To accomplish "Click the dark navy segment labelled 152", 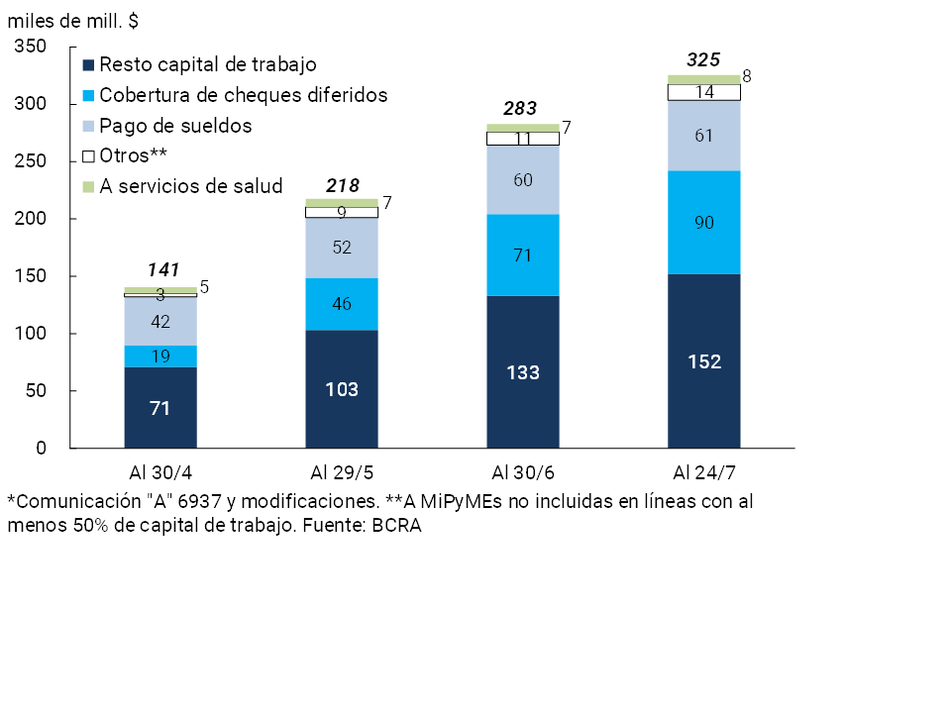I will coord(703,361).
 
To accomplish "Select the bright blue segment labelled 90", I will coord(703,222).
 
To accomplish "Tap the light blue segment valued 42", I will coord(160,322).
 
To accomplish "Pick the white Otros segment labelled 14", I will coord(703,92).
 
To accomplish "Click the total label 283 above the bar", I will coord(522,109).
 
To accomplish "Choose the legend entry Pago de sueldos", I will coord(175,126).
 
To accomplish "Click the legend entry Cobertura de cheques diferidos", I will coord(243,95).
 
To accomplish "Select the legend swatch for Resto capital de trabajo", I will coord(88,65).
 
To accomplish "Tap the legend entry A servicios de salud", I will coord(191,186).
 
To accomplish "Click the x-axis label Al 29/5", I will coord(341,469).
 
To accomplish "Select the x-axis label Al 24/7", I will coord(703,469).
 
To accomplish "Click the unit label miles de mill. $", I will coord(73,20).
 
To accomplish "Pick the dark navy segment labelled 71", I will coord(160,407).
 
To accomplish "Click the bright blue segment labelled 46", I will coord(341,304).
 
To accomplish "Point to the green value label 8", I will coord(747,75).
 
